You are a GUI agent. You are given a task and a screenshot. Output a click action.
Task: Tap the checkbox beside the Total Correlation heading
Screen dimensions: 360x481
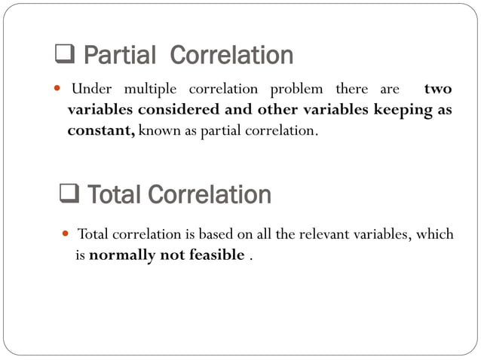click(x=69, y=194)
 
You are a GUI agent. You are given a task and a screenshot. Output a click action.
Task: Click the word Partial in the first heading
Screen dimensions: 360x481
click(x=118, y=55)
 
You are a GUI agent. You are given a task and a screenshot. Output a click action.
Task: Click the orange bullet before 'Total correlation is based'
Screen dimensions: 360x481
click(x=64, y=234)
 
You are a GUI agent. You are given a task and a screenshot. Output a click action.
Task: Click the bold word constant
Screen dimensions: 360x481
click(x=100, y=130)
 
